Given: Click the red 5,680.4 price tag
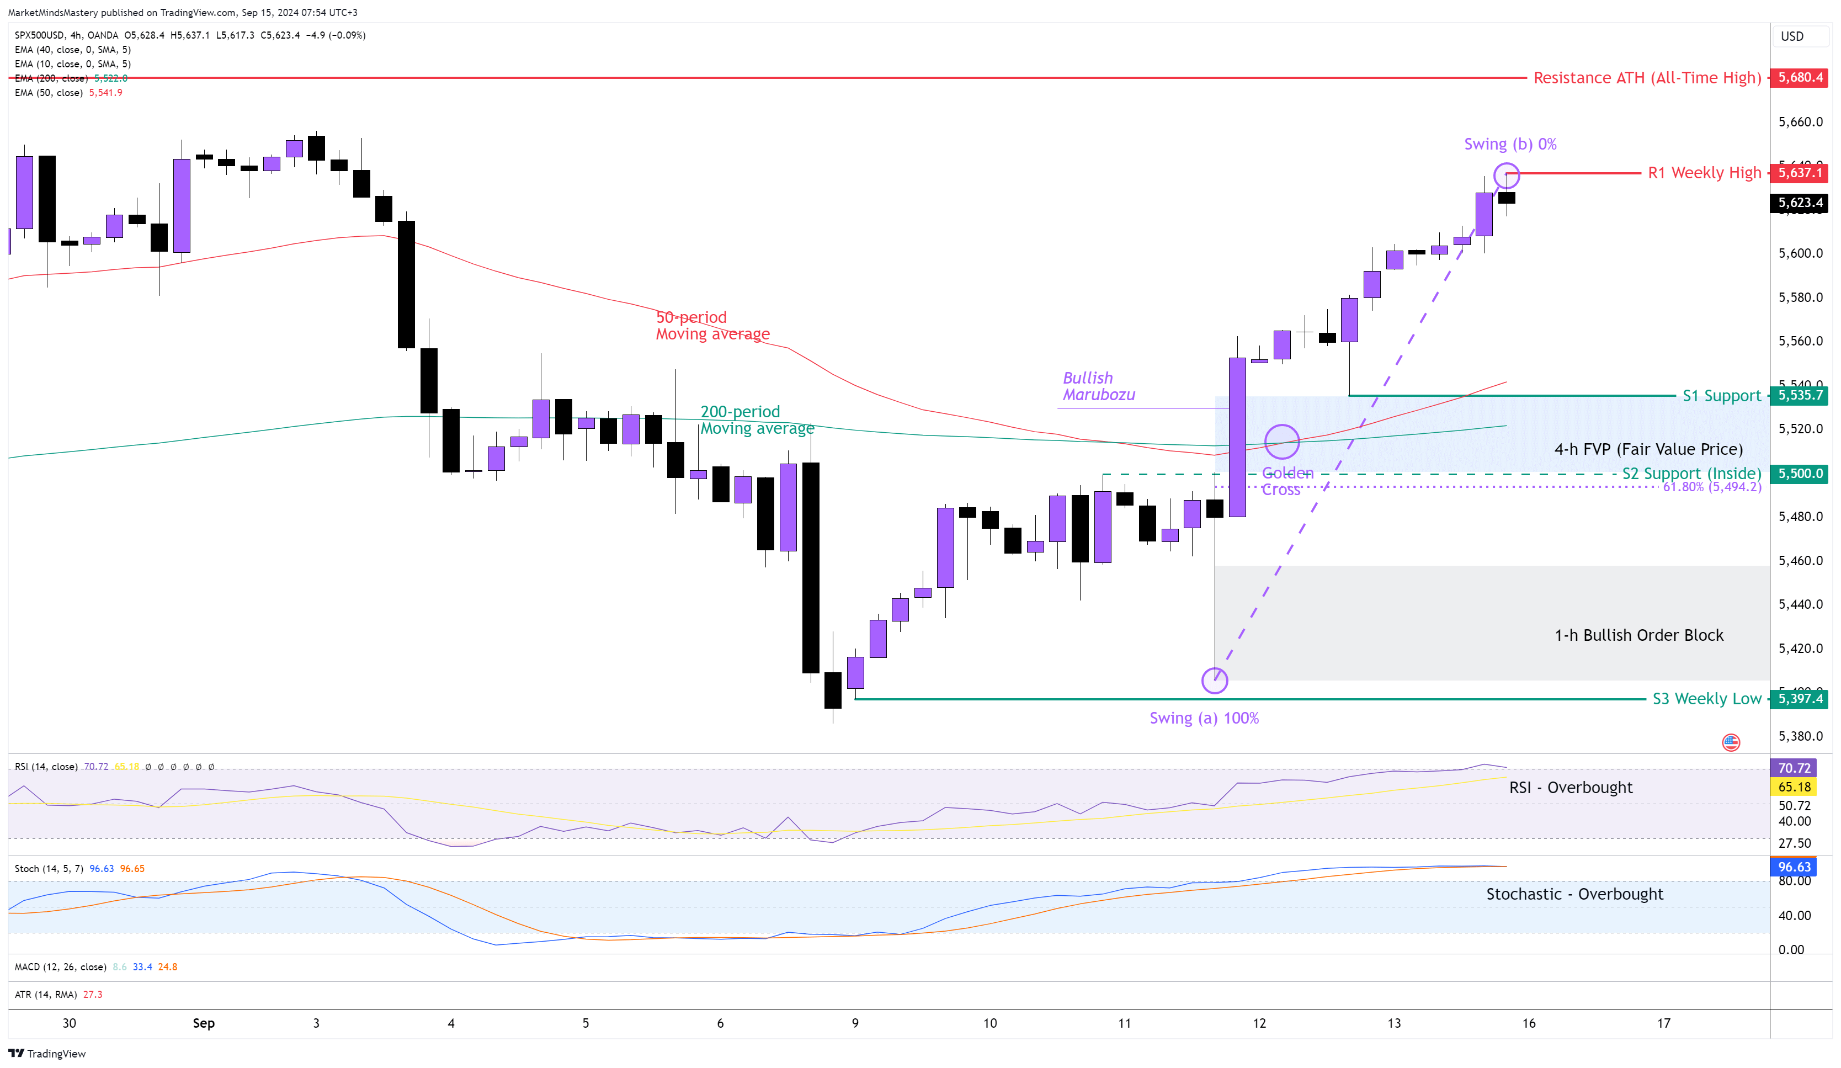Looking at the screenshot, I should tap(1800, 77).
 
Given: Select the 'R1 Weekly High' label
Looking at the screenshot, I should tap(1704, 173).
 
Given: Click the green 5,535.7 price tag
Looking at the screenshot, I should tap(1800, 396).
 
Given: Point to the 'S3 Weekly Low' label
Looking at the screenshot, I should tap(1706, 699).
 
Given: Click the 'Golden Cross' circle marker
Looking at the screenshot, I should tap(1281, 442).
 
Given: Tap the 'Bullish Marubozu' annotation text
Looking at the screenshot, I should tap(1098, 386).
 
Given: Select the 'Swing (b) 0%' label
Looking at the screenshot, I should tap(1509, 145).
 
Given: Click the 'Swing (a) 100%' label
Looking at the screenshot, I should tap(1204, 718).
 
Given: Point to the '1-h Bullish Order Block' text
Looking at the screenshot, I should tap(1638, 635).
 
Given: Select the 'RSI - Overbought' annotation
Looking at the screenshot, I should tap(1570, 788).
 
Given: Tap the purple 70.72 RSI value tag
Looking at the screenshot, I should tap(1794, 768).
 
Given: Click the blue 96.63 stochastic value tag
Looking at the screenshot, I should tap(1794, 867).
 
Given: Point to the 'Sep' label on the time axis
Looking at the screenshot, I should tap(204, 1023).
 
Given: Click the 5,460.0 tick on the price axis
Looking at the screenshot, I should tap(1800, 561).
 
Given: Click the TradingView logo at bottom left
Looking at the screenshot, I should tap(47, 1054).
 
